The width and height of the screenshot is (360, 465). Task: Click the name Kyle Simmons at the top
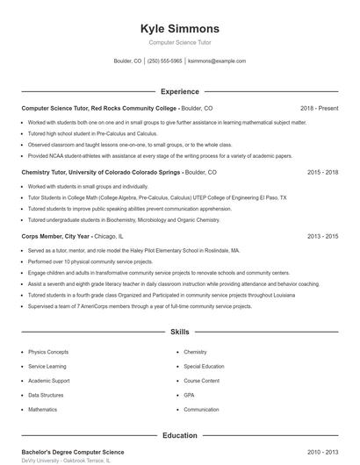click(180, 29)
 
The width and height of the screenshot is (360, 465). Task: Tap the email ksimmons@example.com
click(217, 61)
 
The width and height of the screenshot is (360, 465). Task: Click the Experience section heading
click(180, 91)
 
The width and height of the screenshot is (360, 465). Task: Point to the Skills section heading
click(180, 333)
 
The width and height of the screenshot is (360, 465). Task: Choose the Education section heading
click(180, 435)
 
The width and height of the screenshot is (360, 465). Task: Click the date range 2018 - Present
click(319, 108)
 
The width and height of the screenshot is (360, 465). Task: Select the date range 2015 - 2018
click(322, 173)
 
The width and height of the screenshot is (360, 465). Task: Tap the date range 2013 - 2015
click(322, 237)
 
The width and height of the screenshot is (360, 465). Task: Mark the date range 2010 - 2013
click(322, 452)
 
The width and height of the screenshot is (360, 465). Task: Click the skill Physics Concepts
click(48, 352)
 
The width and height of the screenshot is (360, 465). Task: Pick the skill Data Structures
click(46, 395)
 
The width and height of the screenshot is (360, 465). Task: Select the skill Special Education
click(204, 366)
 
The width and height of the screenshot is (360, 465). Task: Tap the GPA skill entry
click(189, 395)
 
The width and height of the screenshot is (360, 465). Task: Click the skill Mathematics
click(42, 410)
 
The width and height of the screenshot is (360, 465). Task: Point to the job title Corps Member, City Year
click(55, 237)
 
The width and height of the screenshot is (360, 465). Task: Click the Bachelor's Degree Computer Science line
click(72, 452)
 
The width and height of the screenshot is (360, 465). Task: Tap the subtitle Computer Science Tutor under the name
click(180, 42)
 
